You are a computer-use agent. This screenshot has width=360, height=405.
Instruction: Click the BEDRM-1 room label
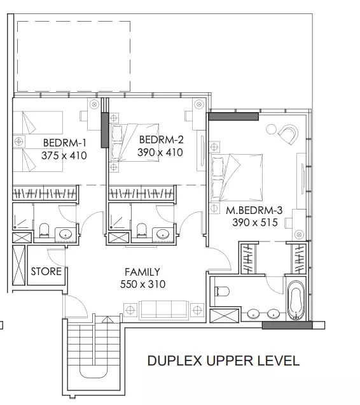coord(64,143)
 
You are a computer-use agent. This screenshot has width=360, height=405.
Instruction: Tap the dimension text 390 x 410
coord(160,152)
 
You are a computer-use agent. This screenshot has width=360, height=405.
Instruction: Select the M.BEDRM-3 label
coord(254,210)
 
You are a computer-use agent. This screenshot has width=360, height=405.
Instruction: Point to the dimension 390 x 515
coord(255,222)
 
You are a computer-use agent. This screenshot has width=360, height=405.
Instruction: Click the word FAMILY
coord(142,272)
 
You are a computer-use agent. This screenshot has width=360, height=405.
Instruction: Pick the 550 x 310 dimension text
coord(142,284)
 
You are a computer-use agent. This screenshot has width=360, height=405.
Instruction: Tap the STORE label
coord(46,271)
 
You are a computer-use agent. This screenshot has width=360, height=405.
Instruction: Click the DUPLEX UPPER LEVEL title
coord(223,360)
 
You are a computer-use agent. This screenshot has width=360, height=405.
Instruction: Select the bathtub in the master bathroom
coord(296,301)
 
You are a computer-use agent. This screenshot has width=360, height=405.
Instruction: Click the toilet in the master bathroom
coord(222,292)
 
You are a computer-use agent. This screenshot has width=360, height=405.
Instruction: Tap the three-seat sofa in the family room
coord(163,309)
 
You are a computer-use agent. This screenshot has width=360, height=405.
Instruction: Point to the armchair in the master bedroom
coord(289,134)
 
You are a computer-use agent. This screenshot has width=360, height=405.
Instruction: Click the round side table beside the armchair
coord(271,129)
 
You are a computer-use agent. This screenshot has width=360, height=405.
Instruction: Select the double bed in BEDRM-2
coord(134,143)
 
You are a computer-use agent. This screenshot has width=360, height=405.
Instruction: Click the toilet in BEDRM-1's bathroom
coord(44,230)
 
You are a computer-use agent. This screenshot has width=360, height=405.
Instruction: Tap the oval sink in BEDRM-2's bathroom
coord(162,234)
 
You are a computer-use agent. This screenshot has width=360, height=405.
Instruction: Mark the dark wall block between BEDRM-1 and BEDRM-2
coord(104,130)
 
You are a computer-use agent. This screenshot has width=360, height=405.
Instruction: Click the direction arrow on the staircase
coord(107,320)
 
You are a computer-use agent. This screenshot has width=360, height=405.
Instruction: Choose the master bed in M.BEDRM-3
coord(237,178)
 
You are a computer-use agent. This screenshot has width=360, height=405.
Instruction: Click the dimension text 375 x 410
coord(64,155)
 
